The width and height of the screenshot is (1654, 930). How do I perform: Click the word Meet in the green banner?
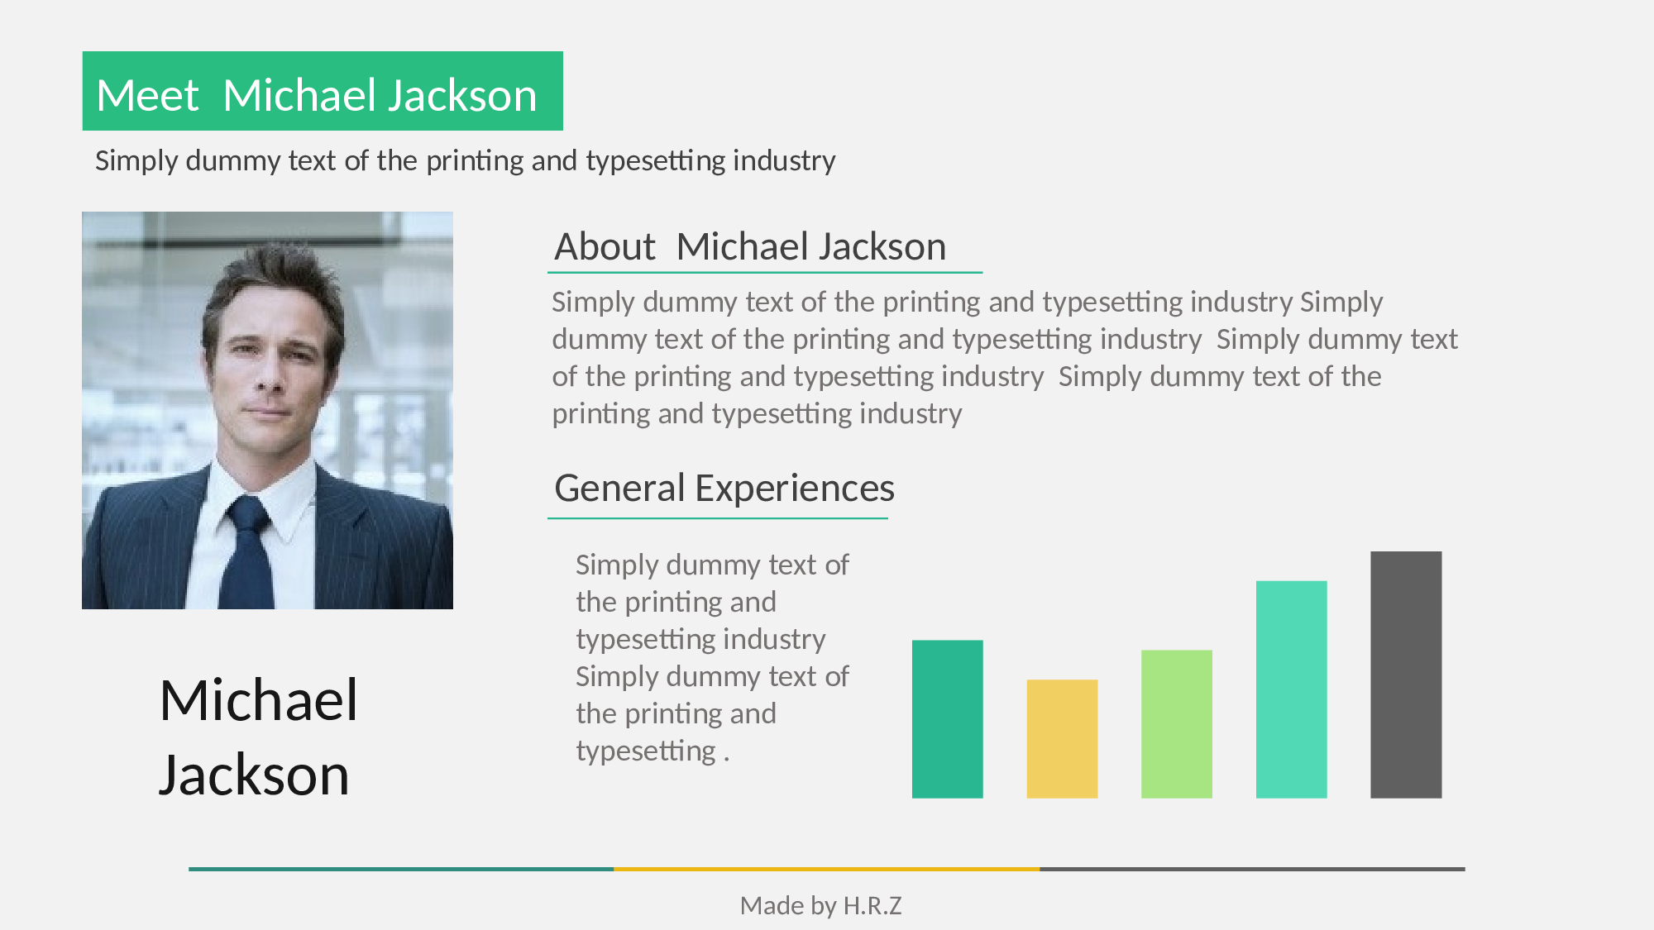tap(147, 95)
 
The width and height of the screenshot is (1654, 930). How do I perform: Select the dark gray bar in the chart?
tap(1406, 675)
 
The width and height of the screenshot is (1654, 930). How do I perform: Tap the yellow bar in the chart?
tap(1062, 739)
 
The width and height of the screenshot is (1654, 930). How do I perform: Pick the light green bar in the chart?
tap(1177, 724)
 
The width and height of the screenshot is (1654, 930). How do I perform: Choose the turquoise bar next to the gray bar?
tap(1291, 689)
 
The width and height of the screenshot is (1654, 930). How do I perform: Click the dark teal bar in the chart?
tap(948, 719)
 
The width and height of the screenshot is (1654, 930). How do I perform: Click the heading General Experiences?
tap(724, 488)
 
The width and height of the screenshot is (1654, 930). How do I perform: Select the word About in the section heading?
tap(605, 246)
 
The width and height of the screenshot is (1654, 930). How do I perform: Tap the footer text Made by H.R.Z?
tap(820, 905)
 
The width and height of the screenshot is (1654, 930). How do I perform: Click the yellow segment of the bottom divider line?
tap(827, 869)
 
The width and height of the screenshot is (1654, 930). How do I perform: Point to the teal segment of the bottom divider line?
tap(401, 869)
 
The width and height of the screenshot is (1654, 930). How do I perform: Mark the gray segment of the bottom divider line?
tap(1253, 869)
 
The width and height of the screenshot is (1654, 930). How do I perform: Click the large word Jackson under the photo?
tap(254, 775)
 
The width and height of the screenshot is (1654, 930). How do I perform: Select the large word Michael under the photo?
tap(259, 700)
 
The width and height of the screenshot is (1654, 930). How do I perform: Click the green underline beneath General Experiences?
tap(718, 518)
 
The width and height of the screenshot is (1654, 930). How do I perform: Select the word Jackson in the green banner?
tap(462, 95)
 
